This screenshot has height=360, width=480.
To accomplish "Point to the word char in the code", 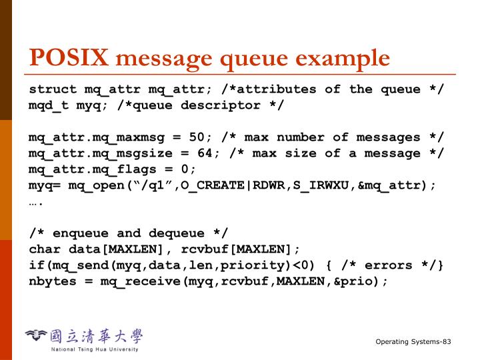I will (44, 249).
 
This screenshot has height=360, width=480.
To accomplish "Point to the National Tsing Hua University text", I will (95, 349).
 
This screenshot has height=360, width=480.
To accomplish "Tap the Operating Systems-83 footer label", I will (413, 342).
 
